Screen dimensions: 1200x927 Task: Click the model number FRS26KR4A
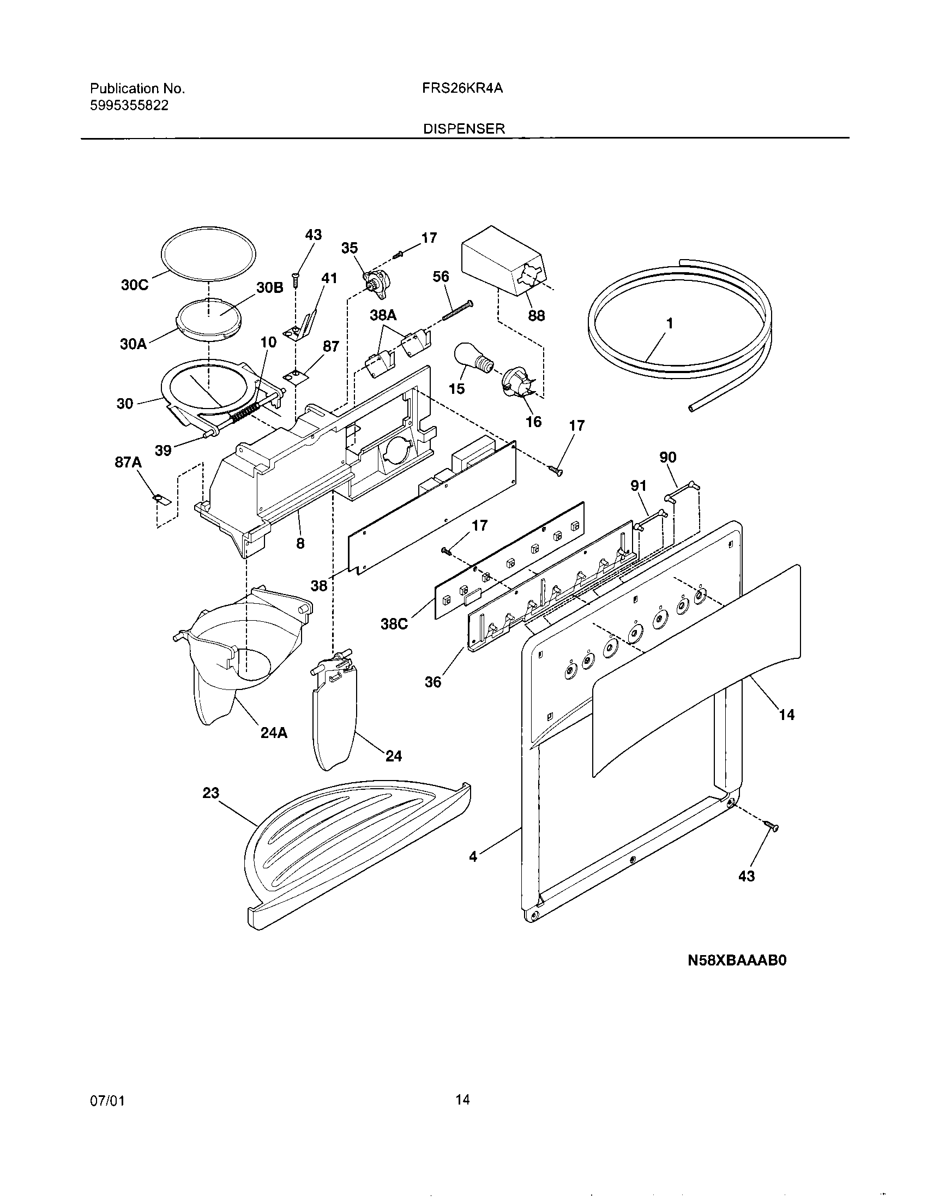pos(463,89)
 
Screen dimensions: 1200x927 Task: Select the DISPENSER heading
pos(464,129)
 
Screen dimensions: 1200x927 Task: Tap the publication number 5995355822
pos(129,105)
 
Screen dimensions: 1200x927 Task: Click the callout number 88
pos(536,316)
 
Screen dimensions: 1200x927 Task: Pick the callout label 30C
pos(135,286)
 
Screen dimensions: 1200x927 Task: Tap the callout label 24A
pos(274,733)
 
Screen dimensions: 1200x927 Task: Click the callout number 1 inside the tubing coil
pos(669,323)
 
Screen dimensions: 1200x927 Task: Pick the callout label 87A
pos(128,463)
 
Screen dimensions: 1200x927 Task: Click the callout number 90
pos(667,457)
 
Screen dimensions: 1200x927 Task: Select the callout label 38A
pos(383,315)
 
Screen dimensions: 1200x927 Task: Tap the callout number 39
pos(163,451)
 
